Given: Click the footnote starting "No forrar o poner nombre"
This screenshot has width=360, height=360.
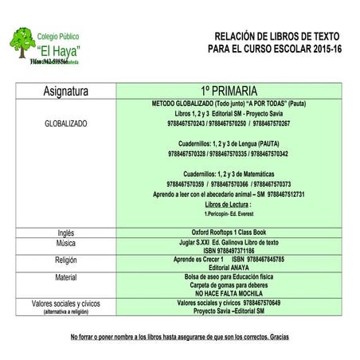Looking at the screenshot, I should click(179, 337).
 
